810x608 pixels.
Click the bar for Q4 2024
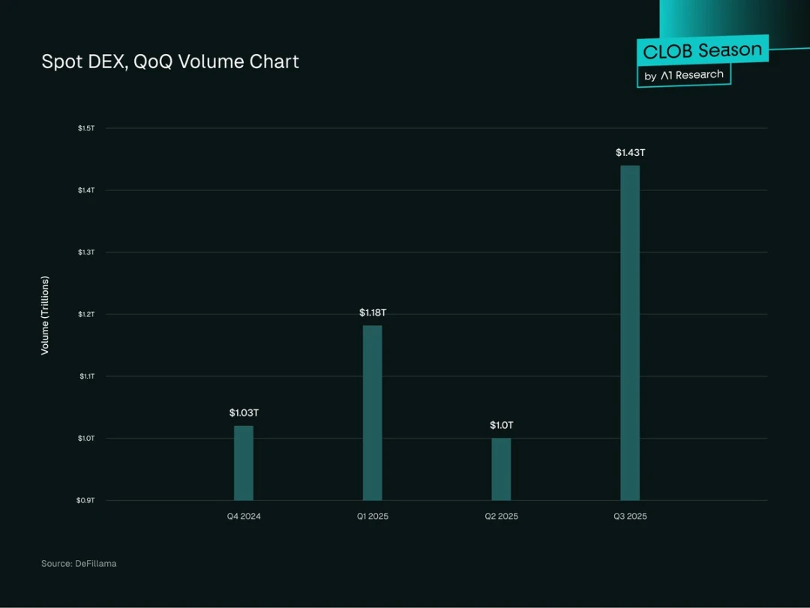244,463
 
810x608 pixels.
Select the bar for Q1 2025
372,412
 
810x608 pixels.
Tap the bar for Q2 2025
501,469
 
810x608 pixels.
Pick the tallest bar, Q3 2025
630,333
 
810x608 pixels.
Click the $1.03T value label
244,413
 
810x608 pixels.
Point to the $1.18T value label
372,313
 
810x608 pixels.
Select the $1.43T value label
630,153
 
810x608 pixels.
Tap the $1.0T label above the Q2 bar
501,426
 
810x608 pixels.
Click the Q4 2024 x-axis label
244,517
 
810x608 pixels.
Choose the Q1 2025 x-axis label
372,517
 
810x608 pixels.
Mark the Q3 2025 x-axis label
630,517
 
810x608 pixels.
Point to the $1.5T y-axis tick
86,128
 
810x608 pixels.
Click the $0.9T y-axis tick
86,500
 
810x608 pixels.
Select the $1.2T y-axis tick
86,314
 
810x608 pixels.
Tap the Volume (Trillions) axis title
45,315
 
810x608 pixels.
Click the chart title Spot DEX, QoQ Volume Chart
170,61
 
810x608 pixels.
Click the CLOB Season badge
702,51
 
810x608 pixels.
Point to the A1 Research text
691,75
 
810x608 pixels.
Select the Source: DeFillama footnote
79,564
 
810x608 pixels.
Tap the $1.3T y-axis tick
86,252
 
